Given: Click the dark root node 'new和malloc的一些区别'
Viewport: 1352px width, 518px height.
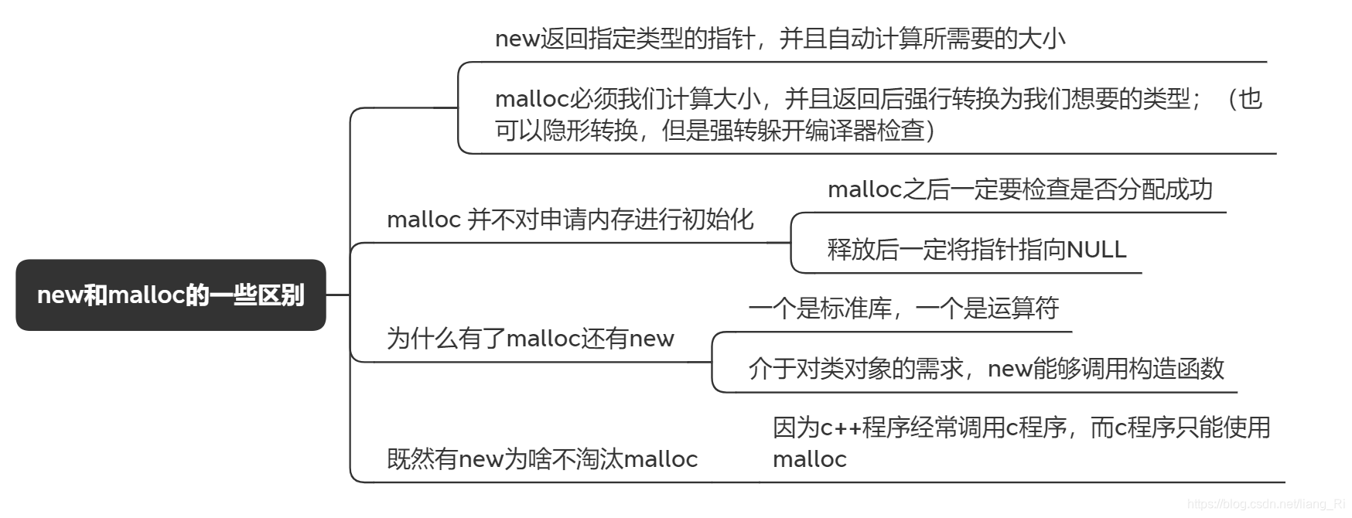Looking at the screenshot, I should point(171,295).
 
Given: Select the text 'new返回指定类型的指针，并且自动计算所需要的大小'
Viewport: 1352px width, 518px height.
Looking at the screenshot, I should point(780,38).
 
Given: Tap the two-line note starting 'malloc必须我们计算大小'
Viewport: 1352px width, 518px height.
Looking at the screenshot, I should point(878,114).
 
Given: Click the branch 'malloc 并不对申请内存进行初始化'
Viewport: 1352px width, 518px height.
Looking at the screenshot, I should point(570,220).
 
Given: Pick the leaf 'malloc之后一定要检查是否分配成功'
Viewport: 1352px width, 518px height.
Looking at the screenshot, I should point(1019,189).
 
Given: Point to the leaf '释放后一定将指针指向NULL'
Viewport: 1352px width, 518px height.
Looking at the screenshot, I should point(976,250).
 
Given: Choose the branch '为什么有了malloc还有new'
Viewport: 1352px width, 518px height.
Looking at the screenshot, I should point(530,339).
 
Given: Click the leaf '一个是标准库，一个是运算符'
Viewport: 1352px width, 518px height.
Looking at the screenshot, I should point(903,308).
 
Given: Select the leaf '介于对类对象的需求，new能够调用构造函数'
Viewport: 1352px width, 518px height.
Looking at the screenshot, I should point(986,369).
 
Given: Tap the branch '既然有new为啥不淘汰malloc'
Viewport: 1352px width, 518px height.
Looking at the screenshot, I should point(542,459).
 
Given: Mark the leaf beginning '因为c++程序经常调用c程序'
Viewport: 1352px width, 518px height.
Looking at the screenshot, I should point(1021,428).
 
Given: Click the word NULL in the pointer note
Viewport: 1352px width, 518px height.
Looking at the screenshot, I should point(1096,250).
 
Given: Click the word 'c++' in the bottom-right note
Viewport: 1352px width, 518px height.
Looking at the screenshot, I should point(840,428).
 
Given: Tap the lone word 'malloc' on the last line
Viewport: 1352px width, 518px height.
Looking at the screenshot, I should point(809,459).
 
